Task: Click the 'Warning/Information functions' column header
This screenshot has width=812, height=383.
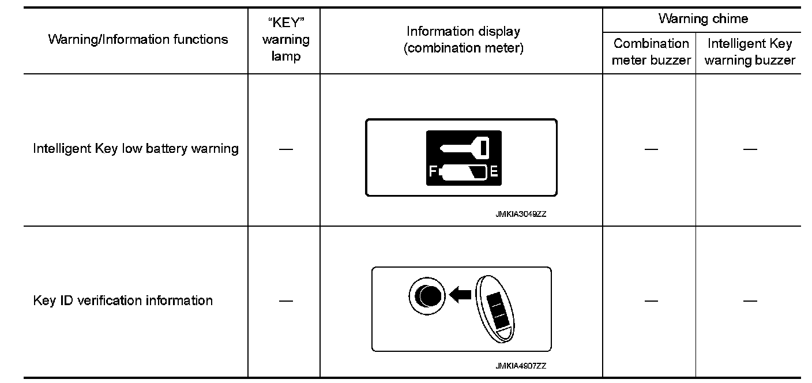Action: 138,39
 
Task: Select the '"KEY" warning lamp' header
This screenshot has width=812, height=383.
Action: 285,40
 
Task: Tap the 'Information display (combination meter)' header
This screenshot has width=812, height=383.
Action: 463,40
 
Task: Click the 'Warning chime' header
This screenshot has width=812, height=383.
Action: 702,18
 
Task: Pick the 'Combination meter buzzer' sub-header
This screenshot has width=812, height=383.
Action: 651,52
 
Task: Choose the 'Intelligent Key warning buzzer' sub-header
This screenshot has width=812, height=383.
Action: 750,52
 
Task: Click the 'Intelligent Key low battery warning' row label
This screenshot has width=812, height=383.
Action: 136,148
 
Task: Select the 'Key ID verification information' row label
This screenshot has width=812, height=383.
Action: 123,301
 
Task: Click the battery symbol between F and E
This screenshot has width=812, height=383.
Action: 463,171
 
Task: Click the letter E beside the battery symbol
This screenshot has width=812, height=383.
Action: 494,171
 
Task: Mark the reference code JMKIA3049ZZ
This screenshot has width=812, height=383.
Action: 520,214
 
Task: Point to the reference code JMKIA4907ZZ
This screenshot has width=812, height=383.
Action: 520,366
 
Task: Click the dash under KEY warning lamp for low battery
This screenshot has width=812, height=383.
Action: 285,149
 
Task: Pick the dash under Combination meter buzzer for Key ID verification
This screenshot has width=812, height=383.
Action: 651,301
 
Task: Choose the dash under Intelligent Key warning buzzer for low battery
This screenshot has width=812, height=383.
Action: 750,149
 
